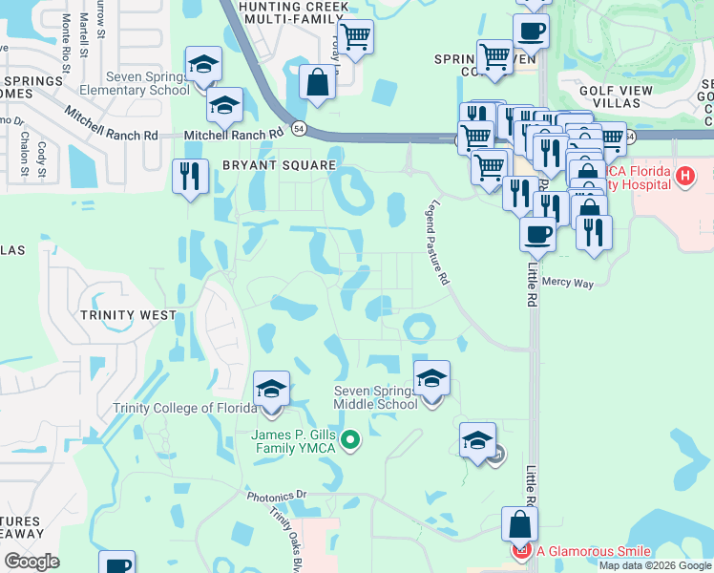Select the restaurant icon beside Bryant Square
[x=189, y=176]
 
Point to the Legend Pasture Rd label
[x=438, y=243]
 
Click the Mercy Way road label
[x=567, y=283]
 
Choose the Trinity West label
[x=128, y=315]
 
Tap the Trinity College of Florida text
[x=184, y=408]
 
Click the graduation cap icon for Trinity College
[x=271, y=390]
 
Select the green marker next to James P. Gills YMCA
[x=350, y=440]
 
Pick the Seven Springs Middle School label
[x=375, y=397]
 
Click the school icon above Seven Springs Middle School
[x=431, y=379]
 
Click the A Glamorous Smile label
[x=592, y=551]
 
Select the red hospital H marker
[x=683, y=176]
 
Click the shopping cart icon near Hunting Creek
[x=355, y=37]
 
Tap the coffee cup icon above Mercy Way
[x=537, y=233]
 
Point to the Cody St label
[x=41, y=152]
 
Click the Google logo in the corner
[x=31, y=562]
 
